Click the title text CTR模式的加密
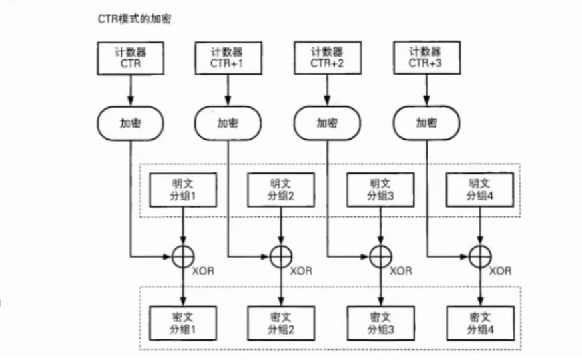[133, 19]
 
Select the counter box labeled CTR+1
[226, 58]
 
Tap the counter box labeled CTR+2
[326, 58]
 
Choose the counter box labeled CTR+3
[426, 58]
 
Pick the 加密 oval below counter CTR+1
[226, 123]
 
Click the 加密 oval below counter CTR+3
[426, 123]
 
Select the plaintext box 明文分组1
[182, 190]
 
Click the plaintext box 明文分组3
[380, 190]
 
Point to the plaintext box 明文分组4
[479, 190]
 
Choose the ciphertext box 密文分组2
[280, 323]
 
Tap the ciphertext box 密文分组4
[479, 323]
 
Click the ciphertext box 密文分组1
[182, 323]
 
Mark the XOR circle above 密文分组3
[380, 256]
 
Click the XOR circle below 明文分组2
[280, 256]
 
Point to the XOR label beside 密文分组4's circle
[500, 271]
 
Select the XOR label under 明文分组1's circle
[203, 271]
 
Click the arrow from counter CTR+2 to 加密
[326, 90]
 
